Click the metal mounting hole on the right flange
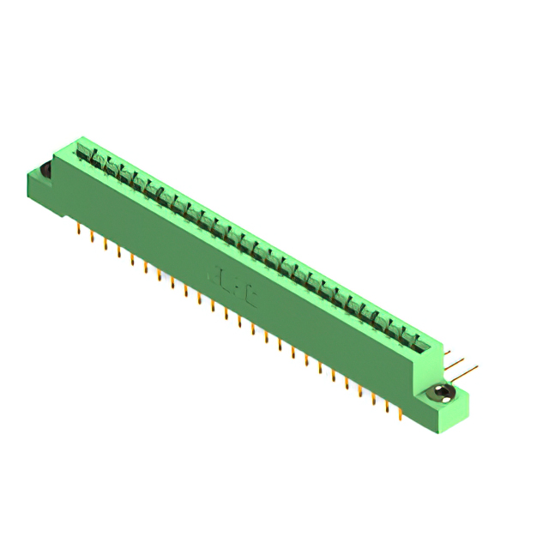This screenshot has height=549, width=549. tap(443, 394)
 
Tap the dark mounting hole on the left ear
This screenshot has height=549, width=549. tap(45, 172)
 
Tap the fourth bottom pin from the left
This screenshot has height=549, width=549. tap(118, 252)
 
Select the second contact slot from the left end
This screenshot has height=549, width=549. tap(97, 162)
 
